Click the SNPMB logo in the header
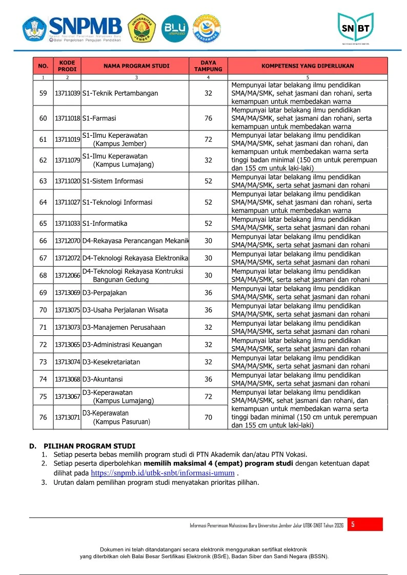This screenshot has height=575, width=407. click(x=72, y=29)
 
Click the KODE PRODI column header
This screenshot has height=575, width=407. click(x=67, y=66)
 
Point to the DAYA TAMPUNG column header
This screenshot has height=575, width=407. click(x=208, y=66)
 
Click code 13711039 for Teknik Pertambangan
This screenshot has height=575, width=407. click(x=67, y=93)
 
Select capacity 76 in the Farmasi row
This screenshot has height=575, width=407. click(x=208, y=118)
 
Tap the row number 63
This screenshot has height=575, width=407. click(x=43, y=181)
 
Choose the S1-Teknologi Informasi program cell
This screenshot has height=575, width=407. click(x=117, y=202)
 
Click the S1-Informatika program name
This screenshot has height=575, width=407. click(x=105, y=224)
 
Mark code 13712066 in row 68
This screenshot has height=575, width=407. click(x=67, y=275)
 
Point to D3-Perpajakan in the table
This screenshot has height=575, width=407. click(x=105, y=293)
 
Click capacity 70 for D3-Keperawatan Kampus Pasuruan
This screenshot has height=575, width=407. click(x=208, y=417)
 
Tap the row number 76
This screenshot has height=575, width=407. click(x=43, y=417)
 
